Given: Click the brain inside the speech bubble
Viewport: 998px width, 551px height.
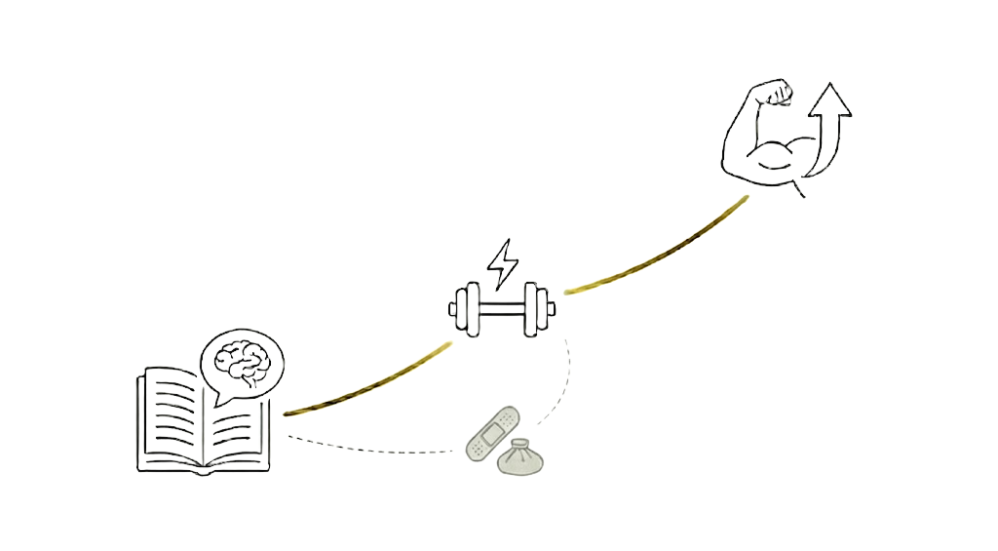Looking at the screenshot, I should coord(240,359).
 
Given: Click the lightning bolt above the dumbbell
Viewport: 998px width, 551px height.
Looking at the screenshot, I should coord(503,260).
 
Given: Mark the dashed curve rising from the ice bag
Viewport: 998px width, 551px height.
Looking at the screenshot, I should coord(563,385).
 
